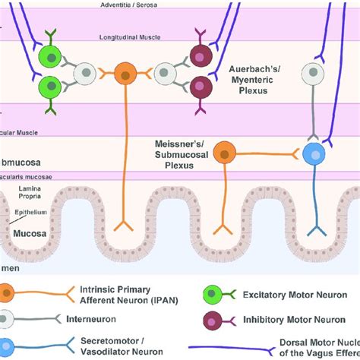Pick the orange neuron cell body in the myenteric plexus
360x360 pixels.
[x=125, y=75]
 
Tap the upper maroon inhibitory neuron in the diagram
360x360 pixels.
[x=199, y=57]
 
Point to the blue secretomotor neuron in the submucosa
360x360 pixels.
[x=313, y=153]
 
